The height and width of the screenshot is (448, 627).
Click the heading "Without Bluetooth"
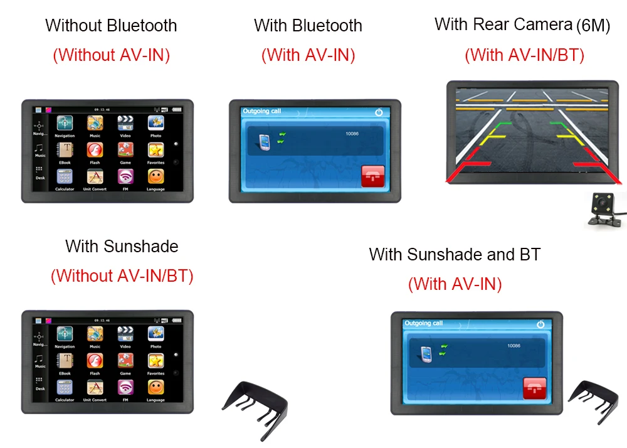click(111, 26)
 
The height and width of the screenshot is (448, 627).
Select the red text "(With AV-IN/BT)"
click(524, 55)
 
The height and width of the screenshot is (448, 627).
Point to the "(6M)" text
click(593, 26)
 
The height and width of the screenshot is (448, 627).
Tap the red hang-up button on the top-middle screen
click(374, 176)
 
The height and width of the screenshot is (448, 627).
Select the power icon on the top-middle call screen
click(379, 112)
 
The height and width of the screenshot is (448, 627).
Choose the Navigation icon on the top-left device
click(65, 123)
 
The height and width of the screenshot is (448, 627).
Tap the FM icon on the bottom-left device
click(125, 387)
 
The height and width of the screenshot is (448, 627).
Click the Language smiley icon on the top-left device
click(155, 176)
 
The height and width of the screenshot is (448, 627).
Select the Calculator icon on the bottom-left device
click(65, 387)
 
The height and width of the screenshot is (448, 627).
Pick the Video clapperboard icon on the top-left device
click(125, 123)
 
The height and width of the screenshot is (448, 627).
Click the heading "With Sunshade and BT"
click(455, 254)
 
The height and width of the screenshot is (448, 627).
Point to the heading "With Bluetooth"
click(308, 26)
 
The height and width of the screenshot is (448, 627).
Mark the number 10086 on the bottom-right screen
click(514, 346)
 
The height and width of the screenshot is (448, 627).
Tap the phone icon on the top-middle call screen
click(264, 143)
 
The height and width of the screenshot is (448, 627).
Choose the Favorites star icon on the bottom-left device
click(155, 361)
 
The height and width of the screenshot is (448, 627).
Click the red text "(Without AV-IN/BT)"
click(122, 275)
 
